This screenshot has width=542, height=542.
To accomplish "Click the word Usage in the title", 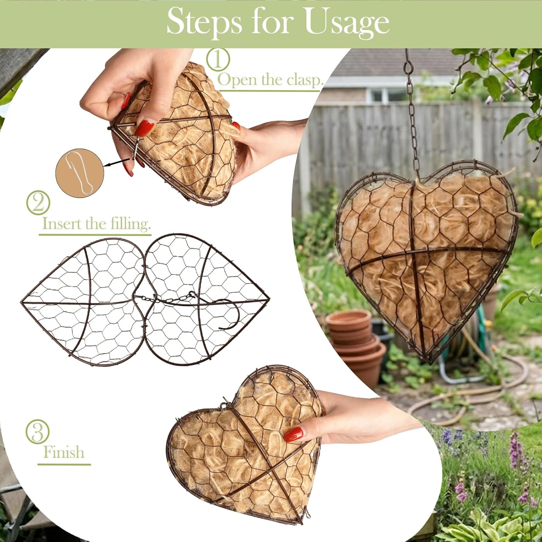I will (347, 22).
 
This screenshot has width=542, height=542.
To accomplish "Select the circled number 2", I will (38, 203).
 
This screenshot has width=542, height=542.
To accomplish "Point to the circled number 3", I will (38, 431).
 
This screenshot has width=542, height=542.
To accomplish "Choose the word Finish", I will (64, 452).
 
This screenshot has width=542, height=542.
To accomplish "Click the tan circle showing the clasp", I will (79, 173).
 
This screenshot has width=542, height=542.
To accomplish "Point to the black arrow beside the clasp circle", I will (116, 162).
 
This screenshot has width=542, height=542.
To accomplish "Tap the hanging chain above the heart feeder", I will (412, 112).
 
